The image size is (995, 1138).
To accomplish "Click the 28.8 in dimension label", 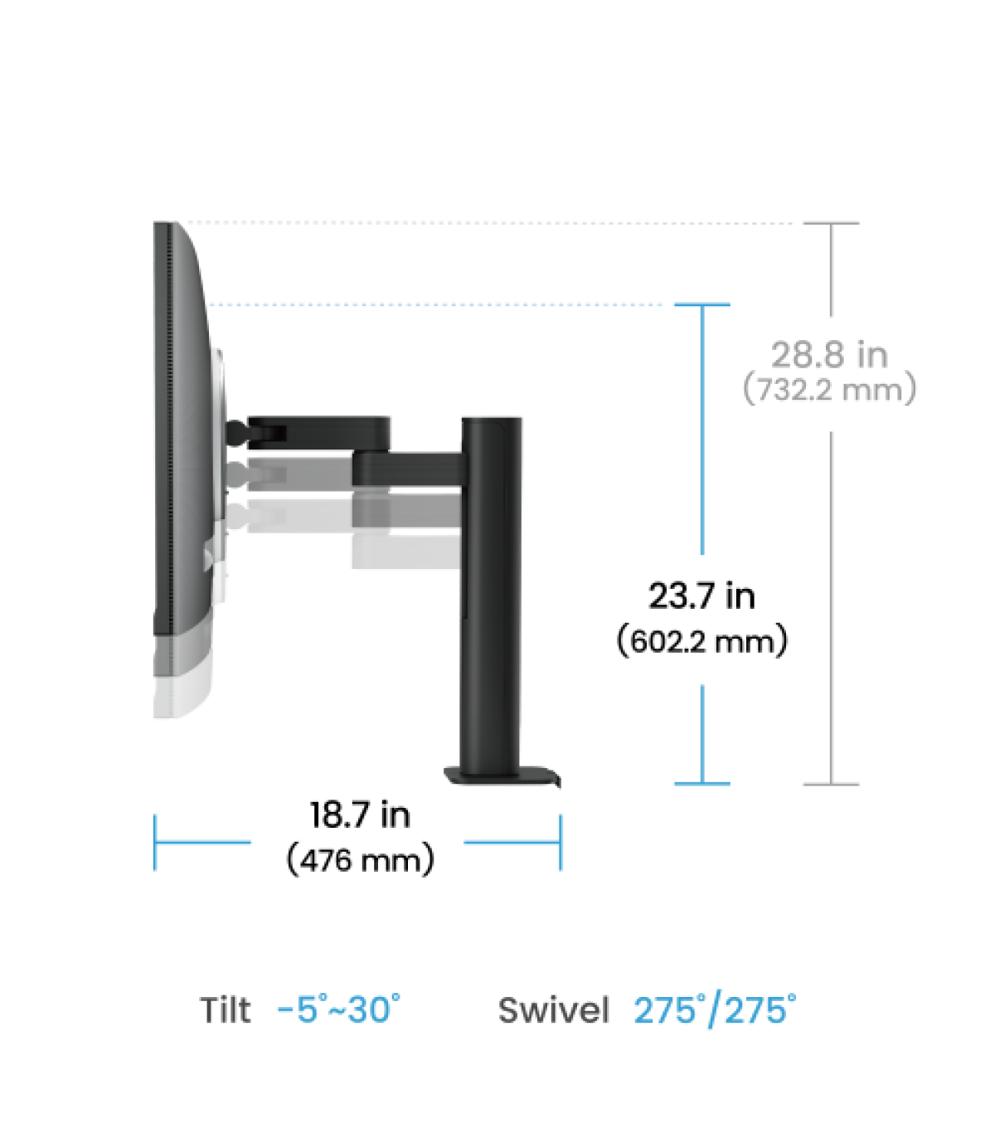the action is coord(829,354).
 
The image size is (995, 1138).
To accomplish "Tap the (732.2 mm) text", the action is coord(829,389).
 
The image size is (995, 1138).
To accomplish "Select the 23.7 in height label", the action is coord(701,596).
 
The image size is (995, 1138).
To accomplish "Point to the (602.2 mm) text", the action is coord(702,641).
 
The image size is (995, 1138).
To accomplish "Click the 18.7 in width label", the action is coord(360,815).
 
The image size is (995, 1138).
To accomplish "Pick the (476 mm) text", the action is coord(360,860).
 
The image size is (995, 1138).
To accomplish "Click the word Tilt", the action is coord(226,1009).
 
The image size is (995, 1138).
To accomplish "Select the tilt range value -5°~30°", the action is coord(338,1009).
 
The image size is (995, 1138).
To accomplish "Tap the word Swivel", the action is coord(554,1009).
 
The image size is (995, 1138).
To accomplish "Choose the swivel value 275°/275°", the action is coord(715,1009).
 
